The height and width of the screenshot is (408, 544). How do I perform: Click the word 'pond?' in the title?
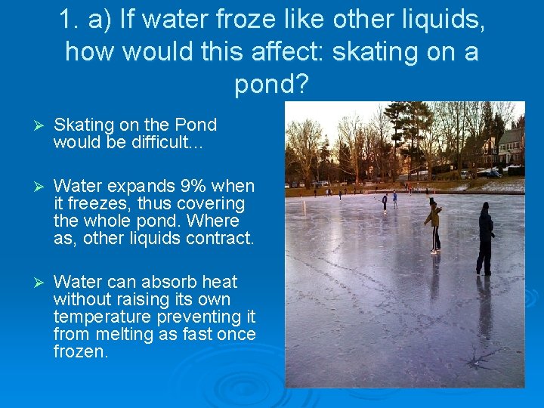pyautogui.click(x=272, y=84)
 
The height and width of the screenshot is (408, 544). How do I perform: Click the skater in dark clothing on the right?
pyautogui.click(x=485, y=238)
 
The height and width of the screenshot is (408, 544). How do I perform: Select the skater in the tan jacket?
pyautogui.click(x=433, y=224)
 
